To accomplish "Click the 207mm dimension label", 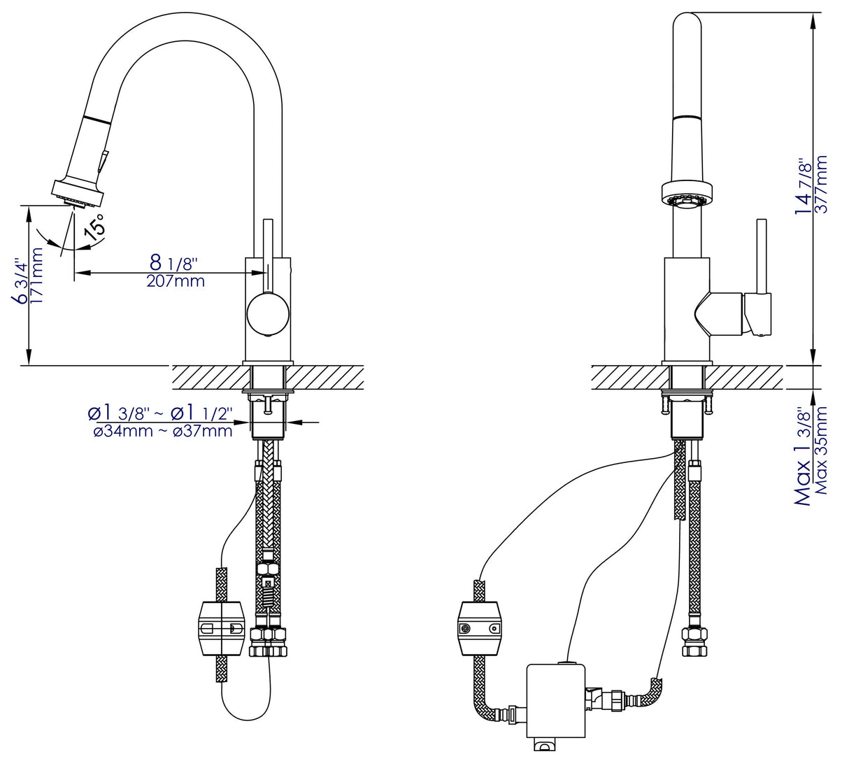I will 176,282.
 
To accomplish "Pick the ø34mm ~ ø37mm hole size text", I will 162,432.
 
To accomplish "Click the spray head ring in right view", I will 686,192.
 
